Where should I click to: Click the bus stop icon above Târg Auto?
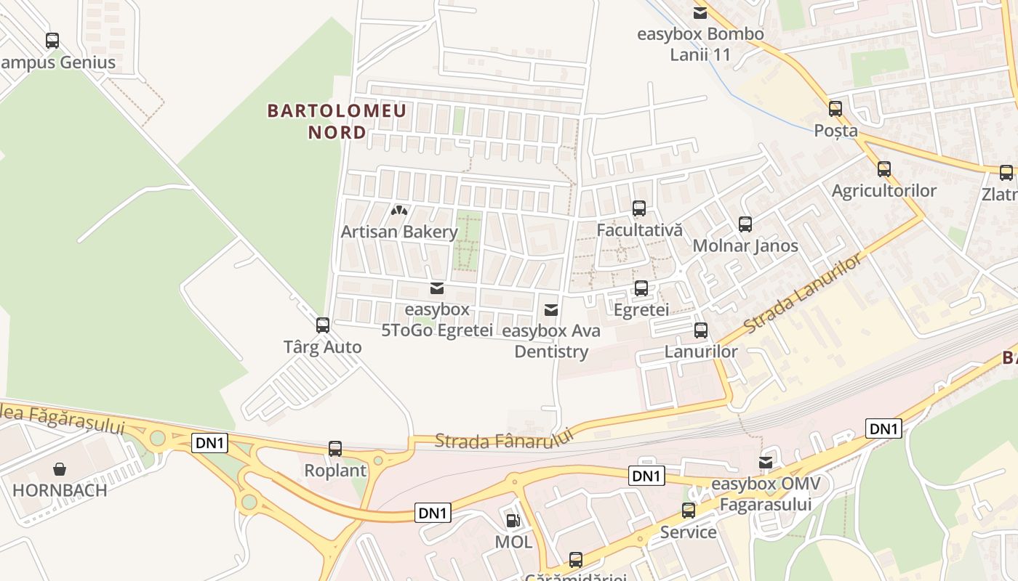click(323, 325)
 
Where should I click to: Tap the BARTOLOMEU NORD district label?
click(337, 121)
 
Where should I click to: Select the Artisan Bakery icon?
click(399, 211)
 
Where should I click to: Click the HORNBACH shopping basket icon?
click(60, 469)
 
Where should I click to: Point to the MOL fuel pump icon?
click(513, 520)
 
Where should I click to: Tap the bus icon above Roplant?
click(335, 449)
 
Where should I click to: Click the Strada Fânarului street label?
click(504, 438)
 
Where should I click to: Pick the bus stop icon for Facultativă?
click(639, 208)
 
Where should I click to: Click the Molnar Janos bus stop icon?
click(745, 224)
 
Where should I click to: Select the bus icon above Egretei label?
click(641, 288)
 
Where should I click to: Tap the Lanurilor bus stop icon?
click(701, 330)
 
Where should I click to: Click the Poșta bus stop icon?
click(835, 110)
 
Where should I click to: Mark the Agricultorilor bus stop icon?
click(884, 169)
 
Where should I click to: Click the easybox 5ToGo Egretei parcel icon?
click(436, 288)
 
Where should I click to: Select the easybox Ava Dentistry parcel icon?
click(551, 310)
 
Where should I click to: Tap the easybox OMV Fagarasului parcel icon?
click(766, 463)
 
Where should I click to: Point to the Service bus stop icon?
click(689, 511)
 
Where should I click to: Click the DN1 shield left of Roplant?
click(210, 442)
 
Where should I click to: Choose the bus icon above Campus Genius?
click(52, 41)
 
